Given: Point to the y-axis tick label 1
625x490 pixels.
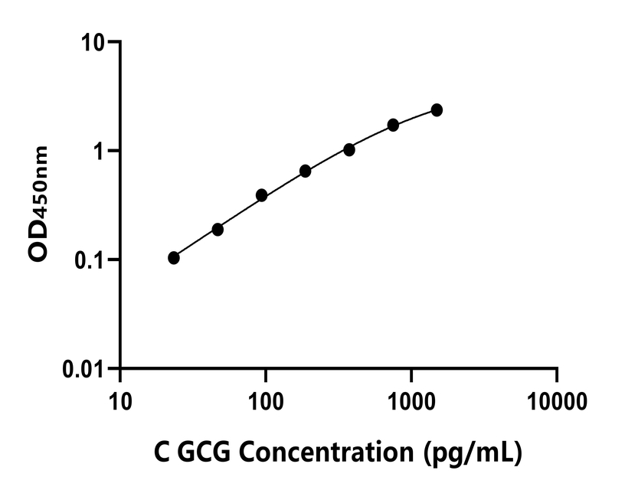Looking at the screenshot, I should tap(100, 151).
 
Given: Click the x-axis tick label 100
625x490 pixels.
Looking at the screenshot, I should tap(266, 400).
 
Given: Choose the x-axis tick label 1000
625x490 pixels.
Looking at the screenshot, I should tap(411, 400).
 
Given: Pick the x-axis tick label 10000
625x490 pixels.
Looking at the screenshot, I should tap(557, 400).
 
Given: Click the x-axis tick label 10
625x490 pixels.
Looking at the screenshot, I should tap(120, 400).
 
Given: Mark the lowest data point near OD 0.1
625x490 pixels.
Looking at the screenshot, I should tap(174, 258).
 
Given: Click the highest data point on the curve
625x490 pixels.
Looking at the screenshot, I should tap(437, 110).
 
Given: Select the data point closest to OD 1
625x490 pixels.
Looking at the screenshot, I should tap(349, 149).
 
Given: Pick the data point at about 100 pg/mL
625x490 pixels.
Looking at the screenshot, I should tap(261, 195).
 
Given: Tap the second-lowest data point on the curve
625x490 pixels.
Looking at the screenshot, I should tap(218, 229).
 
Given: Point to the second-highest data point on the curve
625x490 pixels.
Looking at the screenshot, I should tap(393, 125).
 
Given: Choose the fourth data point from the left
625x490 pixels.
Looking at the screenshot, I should tap(305, 171).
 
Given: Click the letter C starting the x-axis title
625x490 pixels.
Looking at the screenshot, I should tap(162, 452).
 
